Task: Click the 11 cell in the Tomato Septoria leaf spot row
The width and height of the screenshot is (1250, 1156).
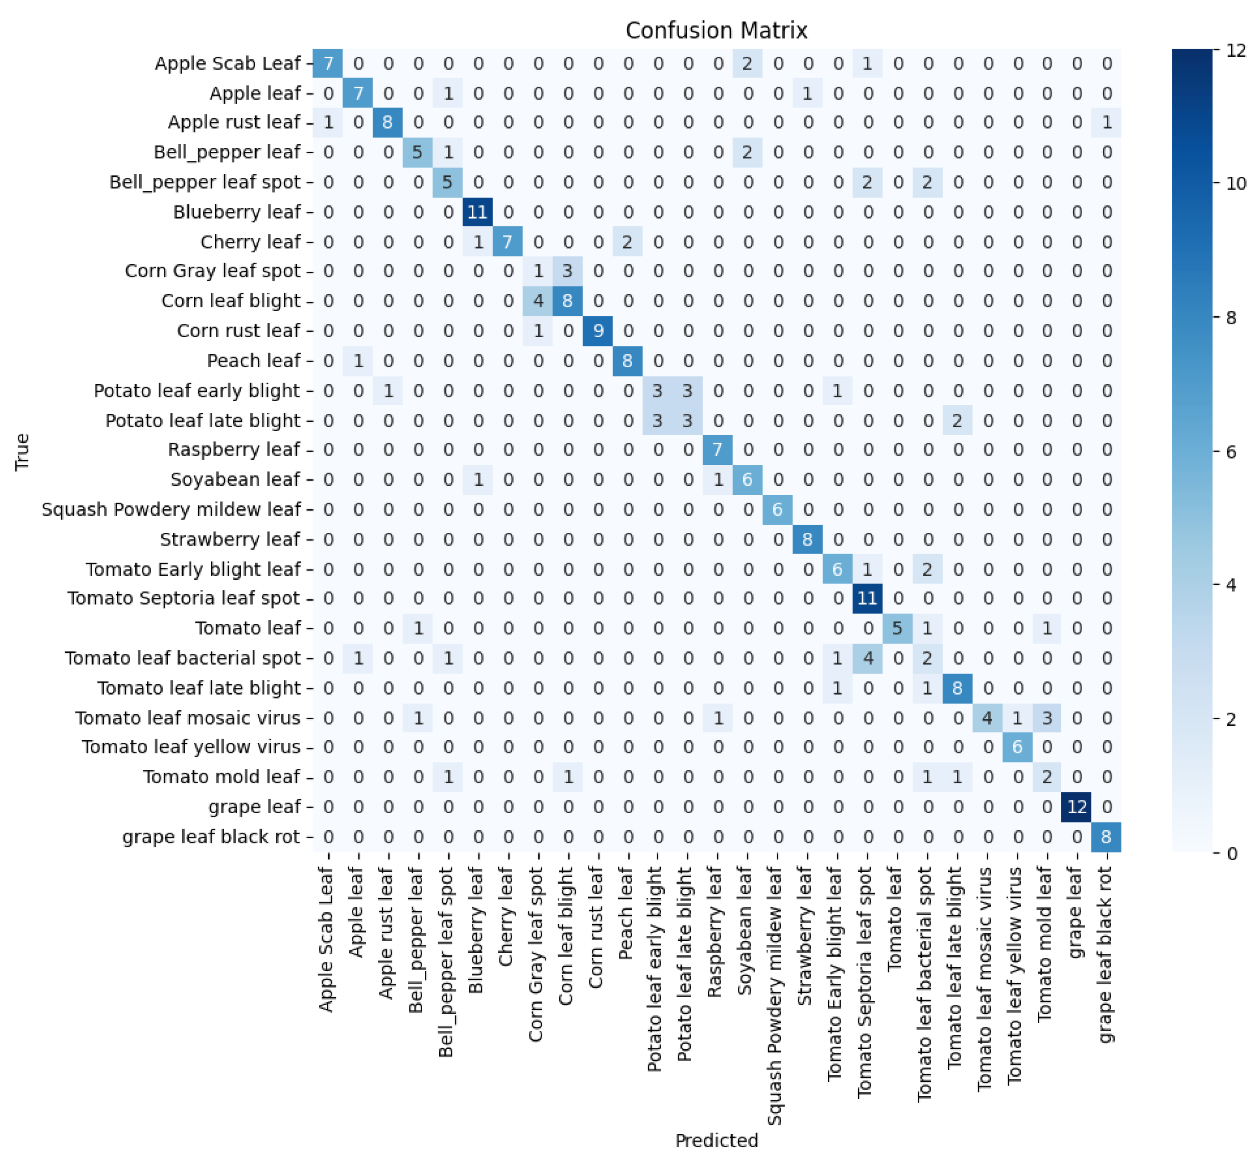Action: [867, 598]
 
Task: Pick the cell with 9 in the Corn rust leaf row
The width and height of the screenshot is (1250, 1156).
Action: [598, 330]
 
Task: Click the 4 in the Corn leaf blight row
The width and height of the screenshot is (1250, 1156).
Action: [537, 301]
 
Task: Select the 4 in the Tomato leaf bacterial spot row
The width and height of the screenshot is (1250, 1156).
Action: [867, 658]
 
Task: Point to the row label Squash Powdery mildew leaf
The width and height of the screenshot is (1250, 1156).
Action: [171, 509]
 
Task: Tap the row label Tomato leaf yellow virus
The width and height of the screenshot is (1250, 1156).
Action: [191, 747]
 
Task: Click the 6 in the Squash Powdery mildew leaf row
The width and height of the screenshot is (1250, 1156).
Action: [777, 509]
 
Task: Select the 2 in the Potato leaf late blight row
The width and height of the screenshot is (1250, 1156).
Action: [957, 420]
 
